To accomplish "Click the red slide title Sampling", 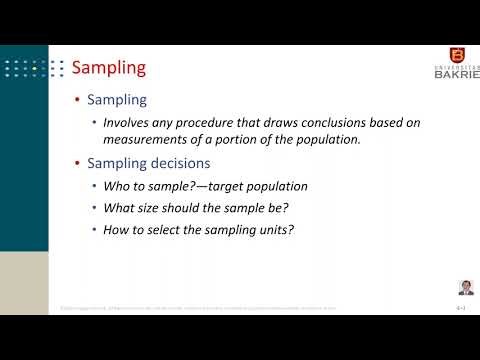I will point(110,68).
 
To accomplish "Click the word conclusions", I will point(307,123).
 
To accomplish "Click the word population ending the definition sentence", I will point(324,139).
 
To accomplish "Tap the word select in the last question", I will point(162,228).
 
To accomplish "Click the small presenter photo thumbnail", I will point(465,287).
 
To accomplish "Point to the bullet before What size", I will point(95,207).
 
